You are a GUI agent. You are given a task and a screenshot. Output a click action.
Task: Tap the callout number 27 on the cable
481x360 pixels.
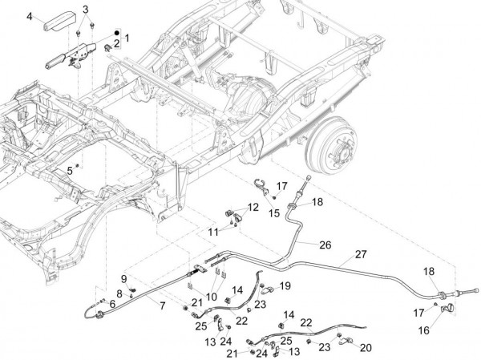(361, 255)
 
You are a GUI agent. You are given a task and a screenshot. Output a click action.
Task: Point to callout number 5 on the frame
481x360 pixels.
(70, 171)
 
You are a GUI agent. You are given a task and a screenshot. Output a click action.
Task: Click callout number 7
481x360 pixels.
(164, 306)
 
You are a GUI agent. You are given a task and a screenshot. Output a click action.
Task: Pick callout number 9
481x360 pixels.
(124, 278)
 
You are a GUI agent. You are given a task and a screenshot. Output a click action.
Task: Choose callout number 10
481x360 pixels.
(212, 296)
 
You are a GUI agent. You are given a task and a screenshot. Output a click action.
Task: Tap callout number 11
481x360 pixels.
(213, 232)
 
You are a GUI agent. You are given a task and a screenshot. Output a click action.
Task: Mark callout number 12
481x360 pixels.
(253, 207)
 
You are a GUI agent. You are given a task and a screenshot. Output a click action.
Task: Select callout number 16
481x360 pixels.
(424, 330)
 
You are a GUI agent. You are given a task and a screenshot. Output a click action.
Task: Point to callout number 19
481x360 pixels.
(285, 286)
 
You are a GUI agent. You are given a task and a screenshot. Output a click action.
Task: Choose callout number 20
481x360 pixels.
(366, 347)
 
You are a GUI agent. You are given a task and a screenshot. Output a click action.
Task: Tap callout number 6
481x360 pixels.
(112, 305)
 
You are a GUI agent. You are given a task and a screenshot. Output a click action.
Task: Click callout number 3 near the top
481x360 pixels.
(87, 9)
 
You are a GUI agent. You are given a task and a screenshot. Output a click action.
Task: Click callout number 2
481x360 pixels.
(116, 42)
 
